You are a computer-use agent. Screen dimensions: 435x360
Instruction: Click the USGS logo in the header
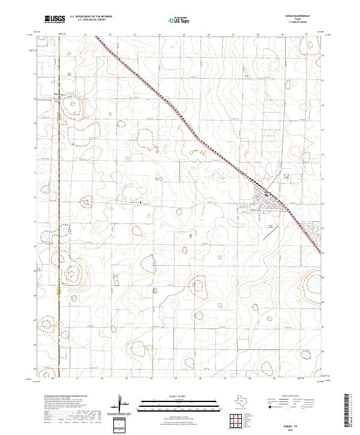tap(55, 19)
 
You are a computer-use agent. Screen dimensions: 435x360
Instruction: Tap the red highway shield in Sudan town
tap(266, 193)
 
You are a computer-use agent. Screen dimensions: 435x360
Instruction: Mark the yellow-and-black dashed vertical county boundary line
tap(59, 240)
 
